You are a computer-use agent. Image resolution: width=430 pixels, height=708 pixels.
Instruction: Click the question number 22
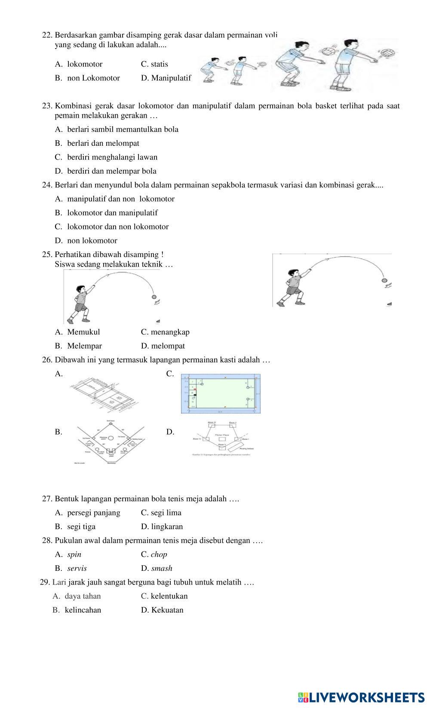point(47,35)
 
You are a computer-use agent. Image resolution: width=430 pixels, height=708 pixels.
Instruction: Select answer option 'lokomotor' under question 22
point(85,64)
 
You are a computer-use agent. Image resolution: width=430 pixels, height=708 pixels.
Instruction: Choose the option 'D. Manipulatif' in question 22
point(166,78)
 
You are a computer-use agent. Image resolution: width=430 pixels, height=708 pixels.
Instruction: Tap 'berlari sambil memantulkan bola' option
point(123,129)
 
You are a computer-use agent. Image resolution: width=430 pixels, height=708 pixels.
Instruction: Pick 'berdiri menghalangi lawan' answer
point(112,157)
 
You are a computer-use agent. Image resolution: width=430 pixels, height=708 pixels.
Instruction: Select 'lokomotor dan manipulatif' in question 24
point(112,213)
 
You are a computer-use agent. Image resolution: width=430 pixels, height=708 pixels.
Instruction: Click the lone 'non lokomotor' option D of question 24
point(92,241)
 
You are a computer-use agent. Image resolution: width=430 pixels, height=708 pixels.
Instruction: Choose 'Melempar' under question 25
point(84,346)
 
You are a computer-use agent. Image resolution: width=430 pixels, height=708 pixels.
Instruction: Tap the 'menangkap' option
point(170,332)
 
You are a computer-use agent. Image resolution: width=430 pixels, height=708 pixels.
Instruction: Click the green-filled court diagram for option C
point(221,393)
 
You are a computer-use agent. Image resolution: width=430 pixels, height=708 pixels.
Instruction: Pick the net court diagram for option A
point(106,392)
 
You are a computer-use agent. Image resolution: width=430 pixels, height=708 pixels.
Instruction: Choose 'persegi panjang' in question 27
point(94,512)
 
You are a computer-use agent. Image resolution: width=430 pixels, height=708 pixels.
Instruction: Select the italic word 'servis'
point(77,568)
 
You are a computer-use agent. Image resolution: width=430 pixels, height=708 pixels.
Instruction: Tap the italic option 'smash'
point(162,568)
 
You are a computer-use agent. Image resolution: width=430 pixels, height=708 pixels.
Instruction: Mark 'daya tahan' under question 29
point(83,596)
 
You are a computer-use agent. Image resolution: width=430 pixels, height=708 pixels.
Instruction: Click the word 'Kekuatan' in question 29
point(167,610)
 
